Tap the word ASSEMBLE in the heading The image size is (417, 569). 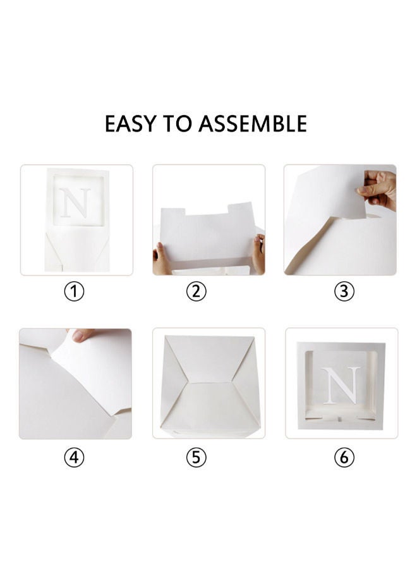(253, 124)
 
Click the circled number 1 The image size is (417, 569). (75, 293)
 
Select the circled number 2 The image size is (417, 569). (196, 292)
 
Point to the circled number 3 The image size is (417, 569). (344, 292)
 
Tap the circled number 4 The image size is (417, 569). (74, 458)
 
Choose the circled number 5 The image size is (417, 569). (196, 458)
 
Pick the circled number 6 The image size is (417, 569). (344, 458)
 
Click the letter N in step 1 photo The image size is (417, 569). (76, 203)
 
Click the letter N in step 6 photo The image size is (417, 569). (342, 385)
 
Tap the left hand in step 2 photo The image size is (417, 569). (160, 259)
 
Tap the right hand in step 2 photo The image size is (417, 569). (258, 253)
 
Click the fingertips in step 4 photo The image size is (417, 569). (82, 335)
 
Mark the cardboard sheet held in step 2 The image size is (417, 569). (208, 237)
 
